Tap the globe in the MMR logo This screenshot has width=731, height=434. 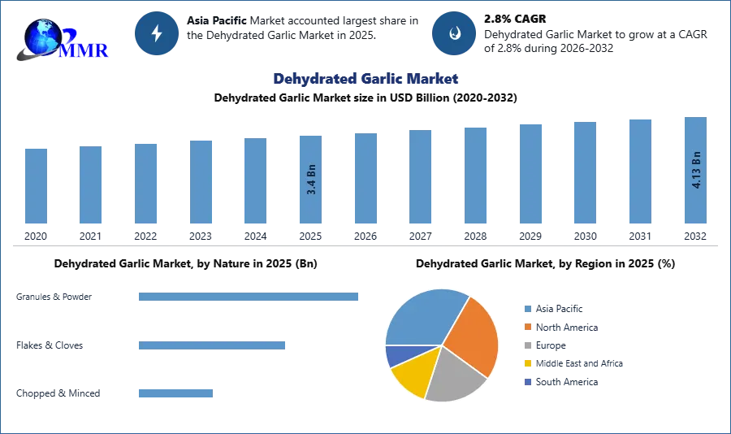click(x=42, y=37)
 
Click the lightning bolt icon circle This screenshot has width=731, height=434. click(x=157, y=33)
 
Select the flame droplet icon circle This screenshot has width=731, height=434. click(x=454, y=33)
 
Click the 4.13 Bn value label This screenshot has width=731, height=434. click(x=696, y=169)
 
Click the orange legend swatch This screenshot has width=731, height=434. click(x=527, y=327)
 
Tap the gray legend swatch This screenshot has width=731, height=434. click(x=527, y=345)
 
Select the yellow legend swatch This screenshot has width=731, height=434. click(x=527, y=364)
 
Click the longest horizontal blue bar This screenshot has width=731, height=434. click(x=249, y=298)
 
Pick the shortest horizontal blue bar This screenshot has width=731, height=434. click(x=175, y=394)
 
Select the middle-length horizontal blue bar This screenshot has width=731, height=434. click(x=211, y=345)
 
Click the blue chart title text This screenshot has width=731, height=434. click(x=366, y=79)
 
